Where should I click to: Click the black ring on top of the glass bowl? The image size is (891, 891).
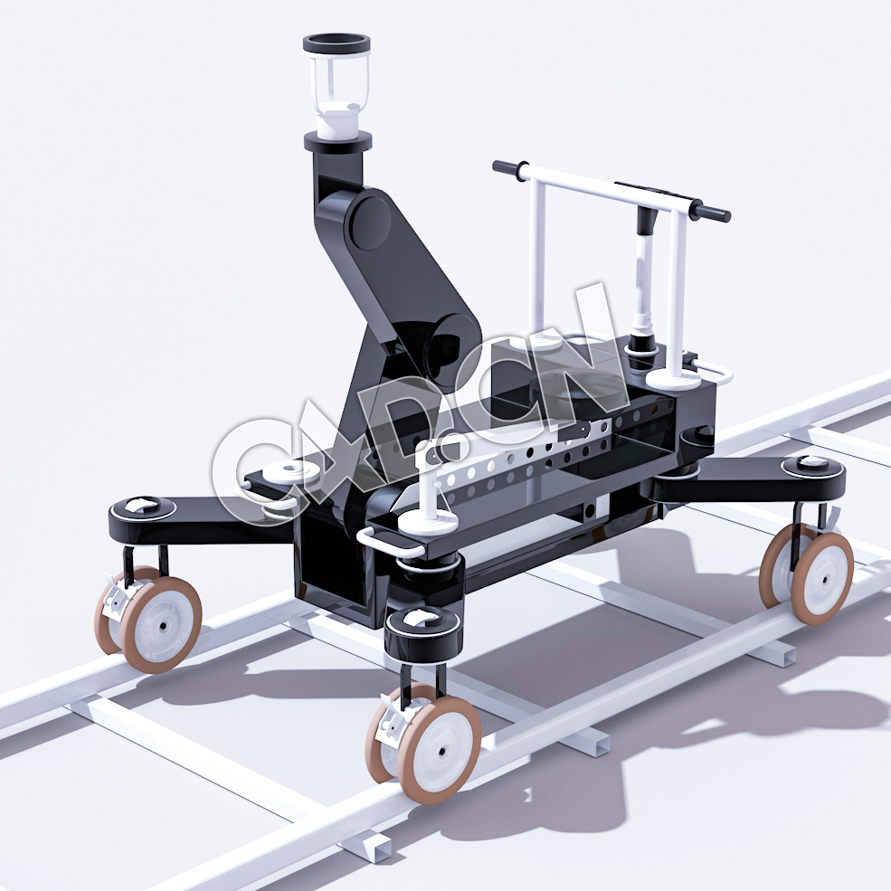click(x=335, y=42)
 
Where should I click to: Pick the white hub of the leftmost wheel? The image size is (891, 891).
click(x=164, y=624)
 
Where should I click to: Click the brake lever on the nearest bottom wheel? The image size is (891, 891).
click(x=392, y=721)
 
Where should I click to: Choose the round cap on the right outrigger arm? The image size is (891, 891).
click(x=812, y=464)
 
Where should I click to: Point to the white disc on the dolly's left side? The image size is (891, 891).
click(x=292, y=470)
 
